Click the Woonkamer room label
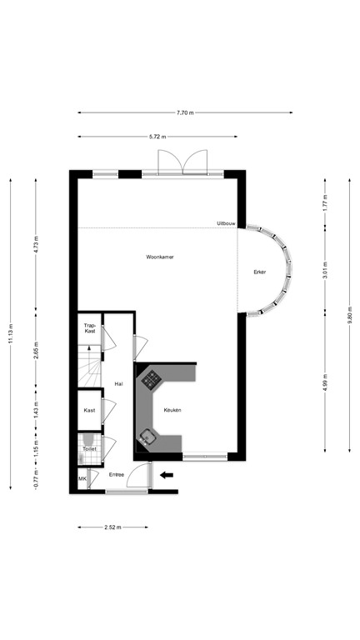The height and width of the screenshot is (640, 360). click(159, 257)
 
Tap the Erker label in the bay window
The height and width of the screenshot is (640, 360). click(260, 272)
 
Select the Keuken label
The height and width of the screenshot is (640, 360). click(172, 410)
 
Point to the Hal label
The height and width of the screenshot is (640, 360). click(118, 383)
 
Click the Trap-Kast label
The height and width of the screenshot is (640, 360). click(90, 328)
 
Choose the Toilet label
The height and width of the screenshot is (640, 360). click(89, 449)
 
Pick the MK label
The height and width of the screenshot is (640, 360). click(82, 479)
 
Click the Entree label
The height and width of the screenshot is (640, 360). click(117, 474)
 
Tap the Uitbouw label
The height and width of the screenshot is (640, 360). click(226, 223)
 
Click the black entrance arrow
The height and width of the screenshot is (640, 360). click(167, 475)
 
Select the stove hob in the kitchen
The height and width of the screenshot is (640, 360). click(152, 380)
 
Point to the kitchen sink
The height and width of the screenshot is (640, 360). click(148, 435)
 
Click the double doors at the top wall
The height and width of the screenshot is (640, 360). click(182, 162)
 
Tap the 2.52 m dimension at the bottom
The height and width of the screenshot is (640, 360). click(112, 527)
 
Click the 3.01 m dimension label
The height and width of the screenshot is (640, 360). click(326, 272)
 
